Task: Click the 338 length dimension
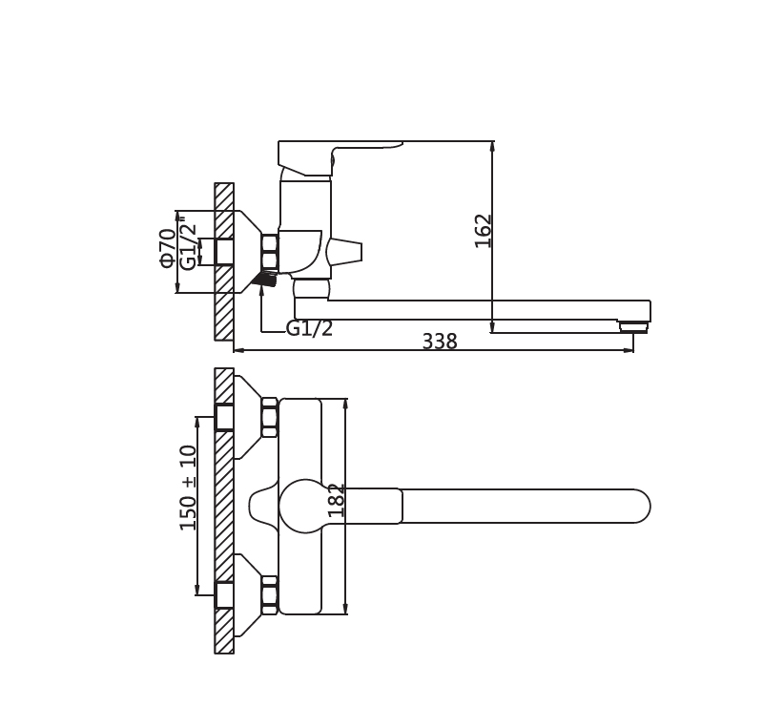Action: click(440, 342)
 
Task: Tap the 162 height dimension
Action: click(484, 231)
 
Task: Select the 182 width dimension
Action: click(337, 501)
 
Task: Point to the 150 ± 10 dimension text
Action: click(189, 488)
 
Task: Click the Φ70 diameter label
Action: click(168, 248)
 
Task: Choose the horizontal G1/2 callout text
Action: click(310, 328)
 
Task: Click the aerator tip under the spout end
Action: click(634, 327)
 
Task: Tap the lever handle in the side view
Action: click(340, 158)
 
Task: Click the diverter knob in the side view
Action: click(344, 252)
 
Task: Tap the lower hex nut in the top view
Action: click(270, 595)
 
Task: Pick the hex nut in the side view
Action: click(270, 254)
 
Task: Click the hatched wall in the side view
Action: click(224, 261)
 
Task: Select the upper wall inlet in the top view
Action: click(224, 417)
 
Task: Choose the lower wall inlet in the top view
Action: click(224, 595)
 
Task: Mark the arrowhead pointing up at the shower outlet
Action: click(261, 293)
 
